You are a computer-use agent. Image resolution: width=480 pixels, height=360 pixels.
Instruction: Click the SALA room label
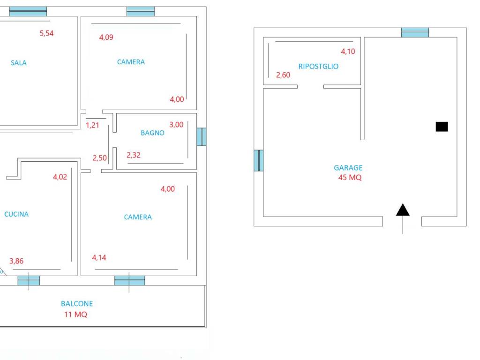click(19, 63)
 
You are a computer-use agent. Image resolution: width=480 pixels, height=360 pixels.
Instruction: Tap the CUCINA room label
click(16, 214)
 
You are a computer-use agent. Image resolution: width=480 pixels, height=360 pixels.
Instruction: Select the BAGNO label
click(152, 133)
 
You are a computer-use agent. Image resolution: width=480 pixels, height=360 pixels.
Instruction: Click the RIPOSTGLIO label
click(318, 67)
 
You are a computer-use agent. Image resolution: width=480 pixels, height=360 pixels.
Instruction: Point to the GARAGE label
click(348, 168)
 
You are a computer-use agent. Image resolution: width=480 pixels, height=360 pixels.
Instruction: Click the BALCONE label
click(77, 304)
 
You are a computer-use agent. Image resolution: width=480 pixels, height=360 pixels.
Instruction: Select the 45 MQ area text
click(350, 178)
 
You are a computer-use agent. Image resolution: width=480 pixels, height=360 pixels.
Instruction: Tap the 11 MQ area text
click(75, 315)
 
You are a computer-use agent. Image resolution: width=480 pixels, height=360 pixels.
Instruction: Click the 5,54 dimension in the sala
click(46, 33)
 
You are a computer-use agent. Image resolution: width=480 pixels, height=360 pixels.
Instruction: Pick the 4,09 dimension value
click(106, 37)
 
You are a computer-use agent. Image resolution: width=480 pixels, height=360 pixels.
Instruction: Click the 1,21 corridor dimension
click(92, 125)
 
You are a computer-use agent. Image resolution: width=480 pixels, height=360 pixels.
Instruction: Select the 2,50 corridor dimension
click(100, 158)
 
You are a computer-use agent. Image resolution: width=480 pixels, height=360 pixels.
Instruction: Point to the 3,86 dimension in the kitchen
click(16, 261)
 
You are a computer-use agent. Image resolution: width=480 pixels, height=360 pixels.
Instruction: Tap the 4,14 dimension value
click(99, 258)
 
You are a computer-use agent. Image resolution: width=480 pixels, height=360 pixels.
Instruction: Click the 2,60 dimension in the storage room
click(283, 75)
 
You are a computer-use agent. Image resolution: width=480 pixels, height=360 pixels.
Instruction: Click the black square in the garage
click(442, 127)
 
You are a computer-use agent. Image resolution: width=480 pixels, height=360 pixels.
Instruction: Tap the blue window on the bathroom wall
click(202, 137)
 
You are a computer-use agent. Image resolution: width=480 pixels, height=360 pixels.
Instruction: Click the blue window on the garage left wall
click(259, 160)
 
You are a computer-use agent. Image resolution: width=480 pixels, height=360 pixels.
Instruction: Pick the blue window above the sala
click(28, 11)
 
